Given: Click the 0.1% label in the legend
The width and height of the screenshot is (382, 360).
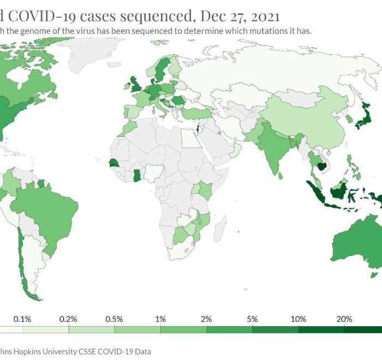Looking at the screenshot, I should [x=22, y=319].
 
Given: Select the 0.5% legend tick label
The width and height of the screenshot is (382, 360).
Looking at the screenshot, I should [x=114, y=319].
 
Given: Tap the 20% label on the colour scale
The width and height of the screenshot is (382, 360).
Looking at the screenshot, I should [x=344, y=319].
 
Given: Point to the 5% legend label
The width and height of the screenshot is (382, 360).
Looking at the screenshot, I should [x=252, y=319].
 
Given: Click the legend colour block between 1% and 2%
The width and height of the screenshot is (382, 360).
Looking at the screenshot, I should [x=183, y=329].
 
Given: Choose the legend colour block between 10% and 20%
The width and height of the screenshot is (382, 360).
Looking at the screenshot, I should [x=321, y=329].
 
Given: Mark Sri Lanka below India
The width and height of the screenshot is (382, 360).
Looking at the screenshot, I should [x=280, y=175].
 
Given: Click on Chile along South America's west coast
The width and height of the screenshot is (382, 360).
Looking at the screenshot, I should [x=22, y=256].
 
